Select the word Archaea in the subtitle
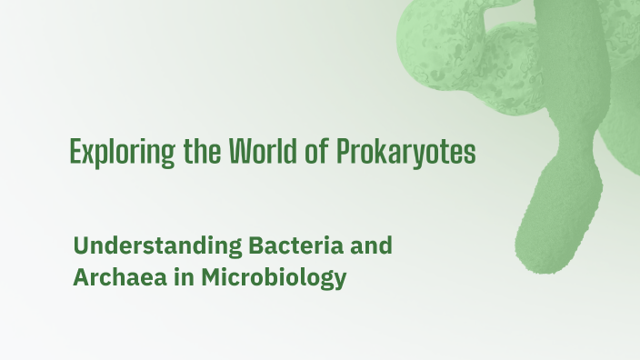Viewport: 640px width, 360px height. pos(114,277)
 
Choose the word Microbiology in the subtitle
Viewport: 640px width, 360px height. pos(268,278)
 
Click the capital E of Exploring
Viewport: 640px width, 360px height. pos(75,152)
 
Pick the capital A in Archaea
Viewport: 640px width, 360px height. pos(81,277)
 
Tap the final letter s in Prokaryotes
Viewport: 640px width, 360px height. pos(470,154)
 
